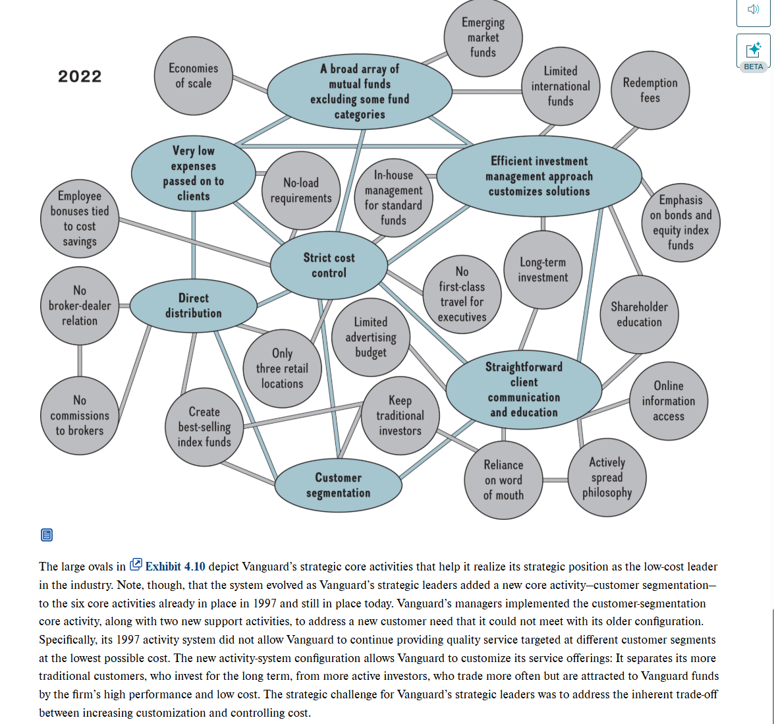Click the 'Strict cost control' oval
pos(329,265)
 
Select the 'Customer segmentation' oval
pos(338,486)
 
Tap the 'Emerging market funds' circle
pos(483,38)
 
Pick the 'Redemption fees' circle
pos(650,90)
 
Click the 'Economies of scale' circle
pos(193,76)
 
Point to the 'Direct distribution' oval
pos(193,306)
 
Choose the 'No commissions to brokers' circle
pos(80,416)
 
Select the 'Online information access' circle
pos(668,401)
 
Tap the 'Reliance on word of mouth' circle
pos(503,480)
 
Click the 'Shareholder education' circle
pos(639,314)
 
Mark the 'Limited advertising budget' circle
pos(371,337)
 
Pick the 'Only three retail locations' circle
pos(282,369)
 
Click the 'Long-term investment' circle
pos(543,270)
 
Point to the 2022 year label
pos(80,76)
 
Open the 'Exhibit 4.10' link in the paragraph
pos(175,566)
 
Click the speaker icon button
pos(753,9)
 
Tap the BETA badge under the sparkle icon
pos(753,67)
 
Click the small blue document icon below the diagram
pos(46,534)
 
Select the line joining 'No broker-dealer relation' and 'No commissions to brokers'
pos(80,360)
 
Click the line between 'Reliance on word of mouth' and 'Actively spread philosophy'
pos(555,480)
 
